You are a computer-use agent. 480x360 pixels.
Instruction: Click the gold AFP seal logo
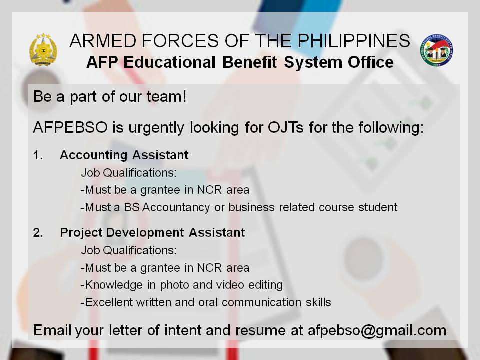(x=43, y=50)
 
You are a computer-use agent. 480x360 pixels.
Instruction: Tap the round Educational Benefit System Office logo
(x=437, y=50)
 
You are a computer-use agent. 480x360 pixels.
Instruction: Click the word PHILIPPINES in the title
(x=354, y=40)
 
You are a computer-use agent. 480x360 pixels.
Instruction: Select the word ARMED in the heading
(x=103, y=40)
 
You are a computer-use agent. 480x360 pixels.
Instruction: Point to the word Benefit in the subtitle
(x=250, y=62)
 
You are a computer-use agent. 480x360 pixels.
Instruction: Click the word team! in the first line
(x=166, y=96)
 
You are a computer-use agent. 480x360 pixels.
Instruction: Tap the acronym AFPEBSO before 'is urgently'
(x=70, y=127)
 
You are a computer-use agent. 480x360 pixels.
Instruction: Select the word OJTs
(x=286, y=127)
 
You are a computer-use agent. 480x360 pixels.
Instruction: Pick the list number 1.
(x=38, y=155)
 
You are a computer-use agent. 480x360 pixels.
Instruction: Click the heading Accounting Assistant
(x=124, y=155)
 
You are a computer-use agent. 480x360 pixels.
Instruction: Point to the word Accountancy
(x=176, y=208)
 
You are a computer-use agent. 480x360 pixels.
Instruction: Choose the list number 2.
(x=38, y=233)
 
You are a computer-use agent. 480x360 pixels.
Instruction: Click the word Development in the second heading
(x=145, y=233)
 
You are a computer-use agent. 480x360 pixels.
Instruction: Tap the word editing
(x=265, y=285)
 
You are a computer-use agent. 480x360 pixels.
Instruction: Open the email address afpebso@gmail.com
(x=377, y=331)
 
